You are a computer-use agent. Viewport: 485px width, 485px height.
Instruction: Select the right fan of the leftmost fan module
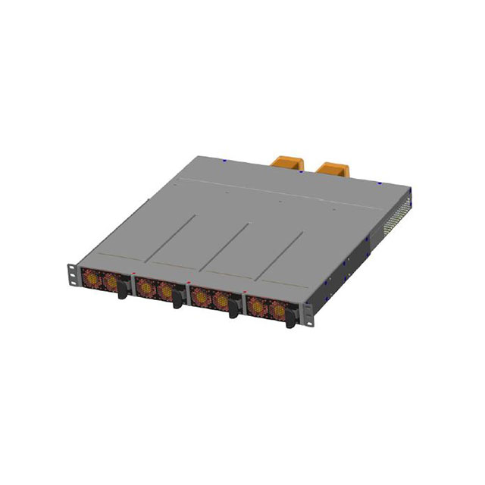pyautogui.click(x=111, y=283)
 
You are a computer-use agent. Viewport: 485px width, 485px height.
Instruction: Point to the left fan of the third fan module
pyautogui.click(x=200, y=296)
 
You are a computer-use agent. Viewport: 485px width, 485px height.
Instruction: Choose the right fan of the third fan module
pyautogui.click(x=221, y=301)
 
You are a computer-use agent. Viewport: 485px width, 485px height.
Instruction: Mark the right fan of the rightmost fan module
pyautogui.click(x=277, y=311)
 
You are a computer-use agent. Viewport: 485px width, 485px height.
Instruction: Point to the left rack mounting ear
pyautogui.click(x=70, y=274)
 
